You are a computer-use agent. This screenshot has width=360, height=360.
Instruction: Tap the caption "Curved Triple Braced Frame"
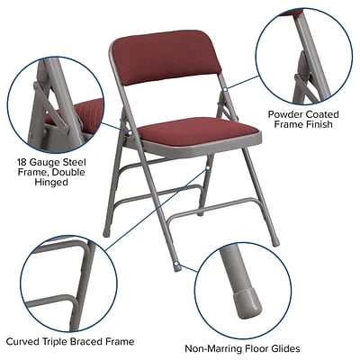tap(69, 341)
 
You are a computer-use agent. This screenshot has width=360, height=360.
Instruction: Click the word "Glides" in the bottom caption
tap(283, 348)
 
